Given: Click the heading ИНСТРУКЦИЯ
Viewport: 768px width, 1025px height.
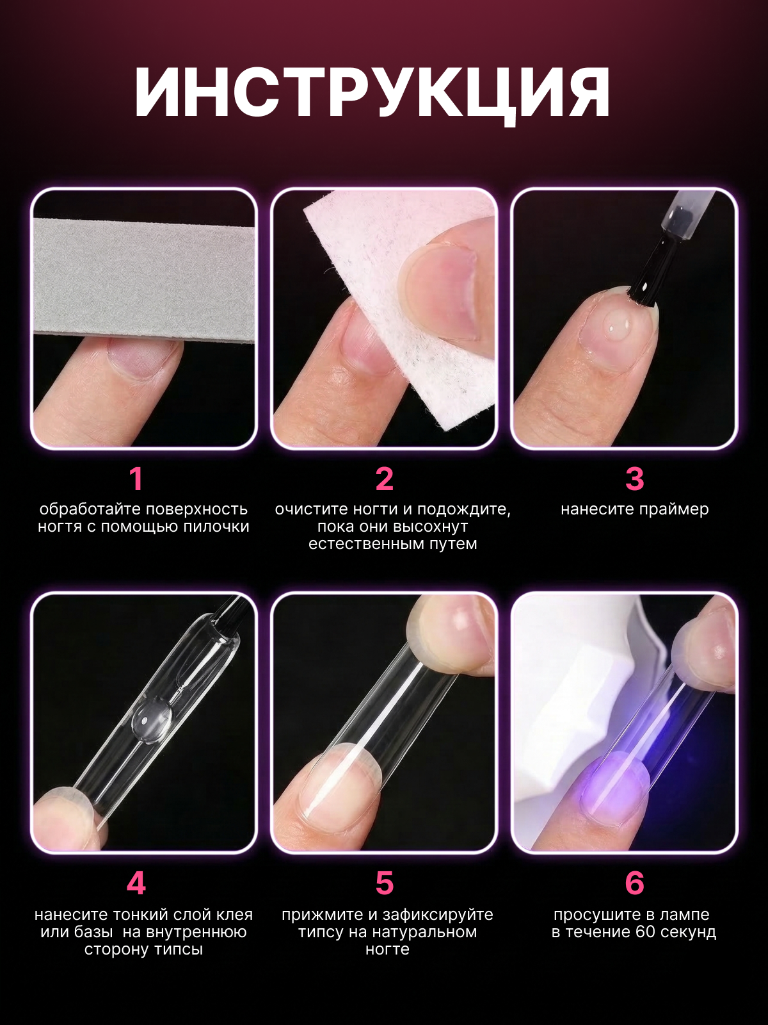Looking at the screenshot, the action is click(x=372, y=94).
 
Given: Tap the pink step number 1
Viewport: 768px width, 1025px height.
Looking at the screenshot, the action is click(x=136, y=479).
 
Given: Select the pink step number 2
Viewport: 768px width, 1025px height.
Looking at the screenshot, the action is click(x=385, y=479).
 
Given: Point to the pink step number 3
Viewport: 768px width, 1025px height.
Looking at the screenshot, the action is click(x=635, y=479).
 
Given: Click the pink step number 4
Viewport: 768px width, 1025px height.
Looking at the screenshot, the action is click(x=136, y=883).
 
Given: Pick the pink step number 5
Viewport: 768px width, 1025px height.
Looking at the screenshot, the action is click(x=385, y=883).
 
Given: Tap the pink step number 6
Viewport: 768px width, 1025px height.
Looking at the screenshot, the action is click(x=635, y=883).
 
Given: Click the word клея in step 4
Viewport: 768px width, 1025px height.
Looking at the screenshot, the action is click(x=234, y=915).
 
